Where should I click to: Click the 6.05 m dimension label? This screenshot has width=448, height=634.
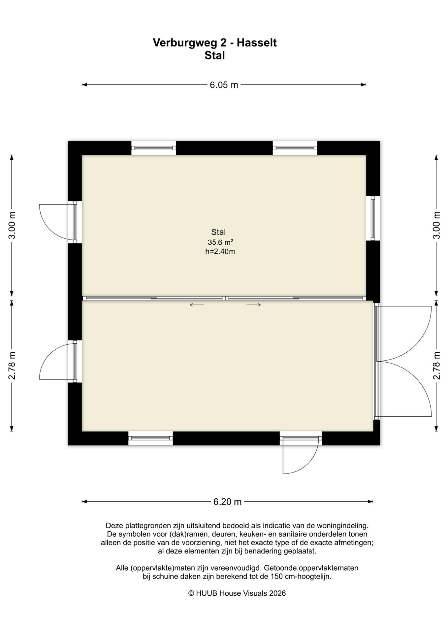coord(224,85)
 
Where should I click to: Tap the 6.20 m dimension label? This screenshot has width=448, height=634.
coord(227,502)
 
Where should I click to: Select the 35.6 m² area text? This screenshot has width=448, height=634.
coord(220,242)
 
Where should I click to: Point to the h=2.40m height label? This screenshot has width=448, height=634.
coord(220,251)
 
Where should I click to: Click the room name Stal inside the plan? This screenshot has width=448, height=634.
coord(218,232)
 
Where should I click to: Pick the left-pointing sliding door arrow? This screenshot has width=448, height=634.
coord(197,305)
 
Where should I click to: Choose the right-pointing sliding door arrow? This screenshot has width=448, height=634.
coord(254,305)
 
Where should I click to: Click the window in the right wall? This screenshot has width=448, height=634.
coord(373,218)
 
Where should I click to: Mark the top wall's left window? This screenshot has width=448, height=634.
coord(154,148)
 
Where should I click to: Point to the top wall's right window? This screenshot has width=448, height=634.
coord(295,148)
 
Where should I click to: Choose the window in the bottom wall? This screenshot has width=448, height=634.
coord(150,438)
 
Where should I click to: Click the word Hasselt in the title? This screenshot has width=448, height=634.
coord(257,43)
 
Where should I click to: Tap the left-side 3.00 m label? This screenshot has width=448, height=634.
coord(12,225)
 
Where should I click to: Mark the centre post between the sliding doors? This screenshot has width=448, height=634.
coord(225,298)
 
